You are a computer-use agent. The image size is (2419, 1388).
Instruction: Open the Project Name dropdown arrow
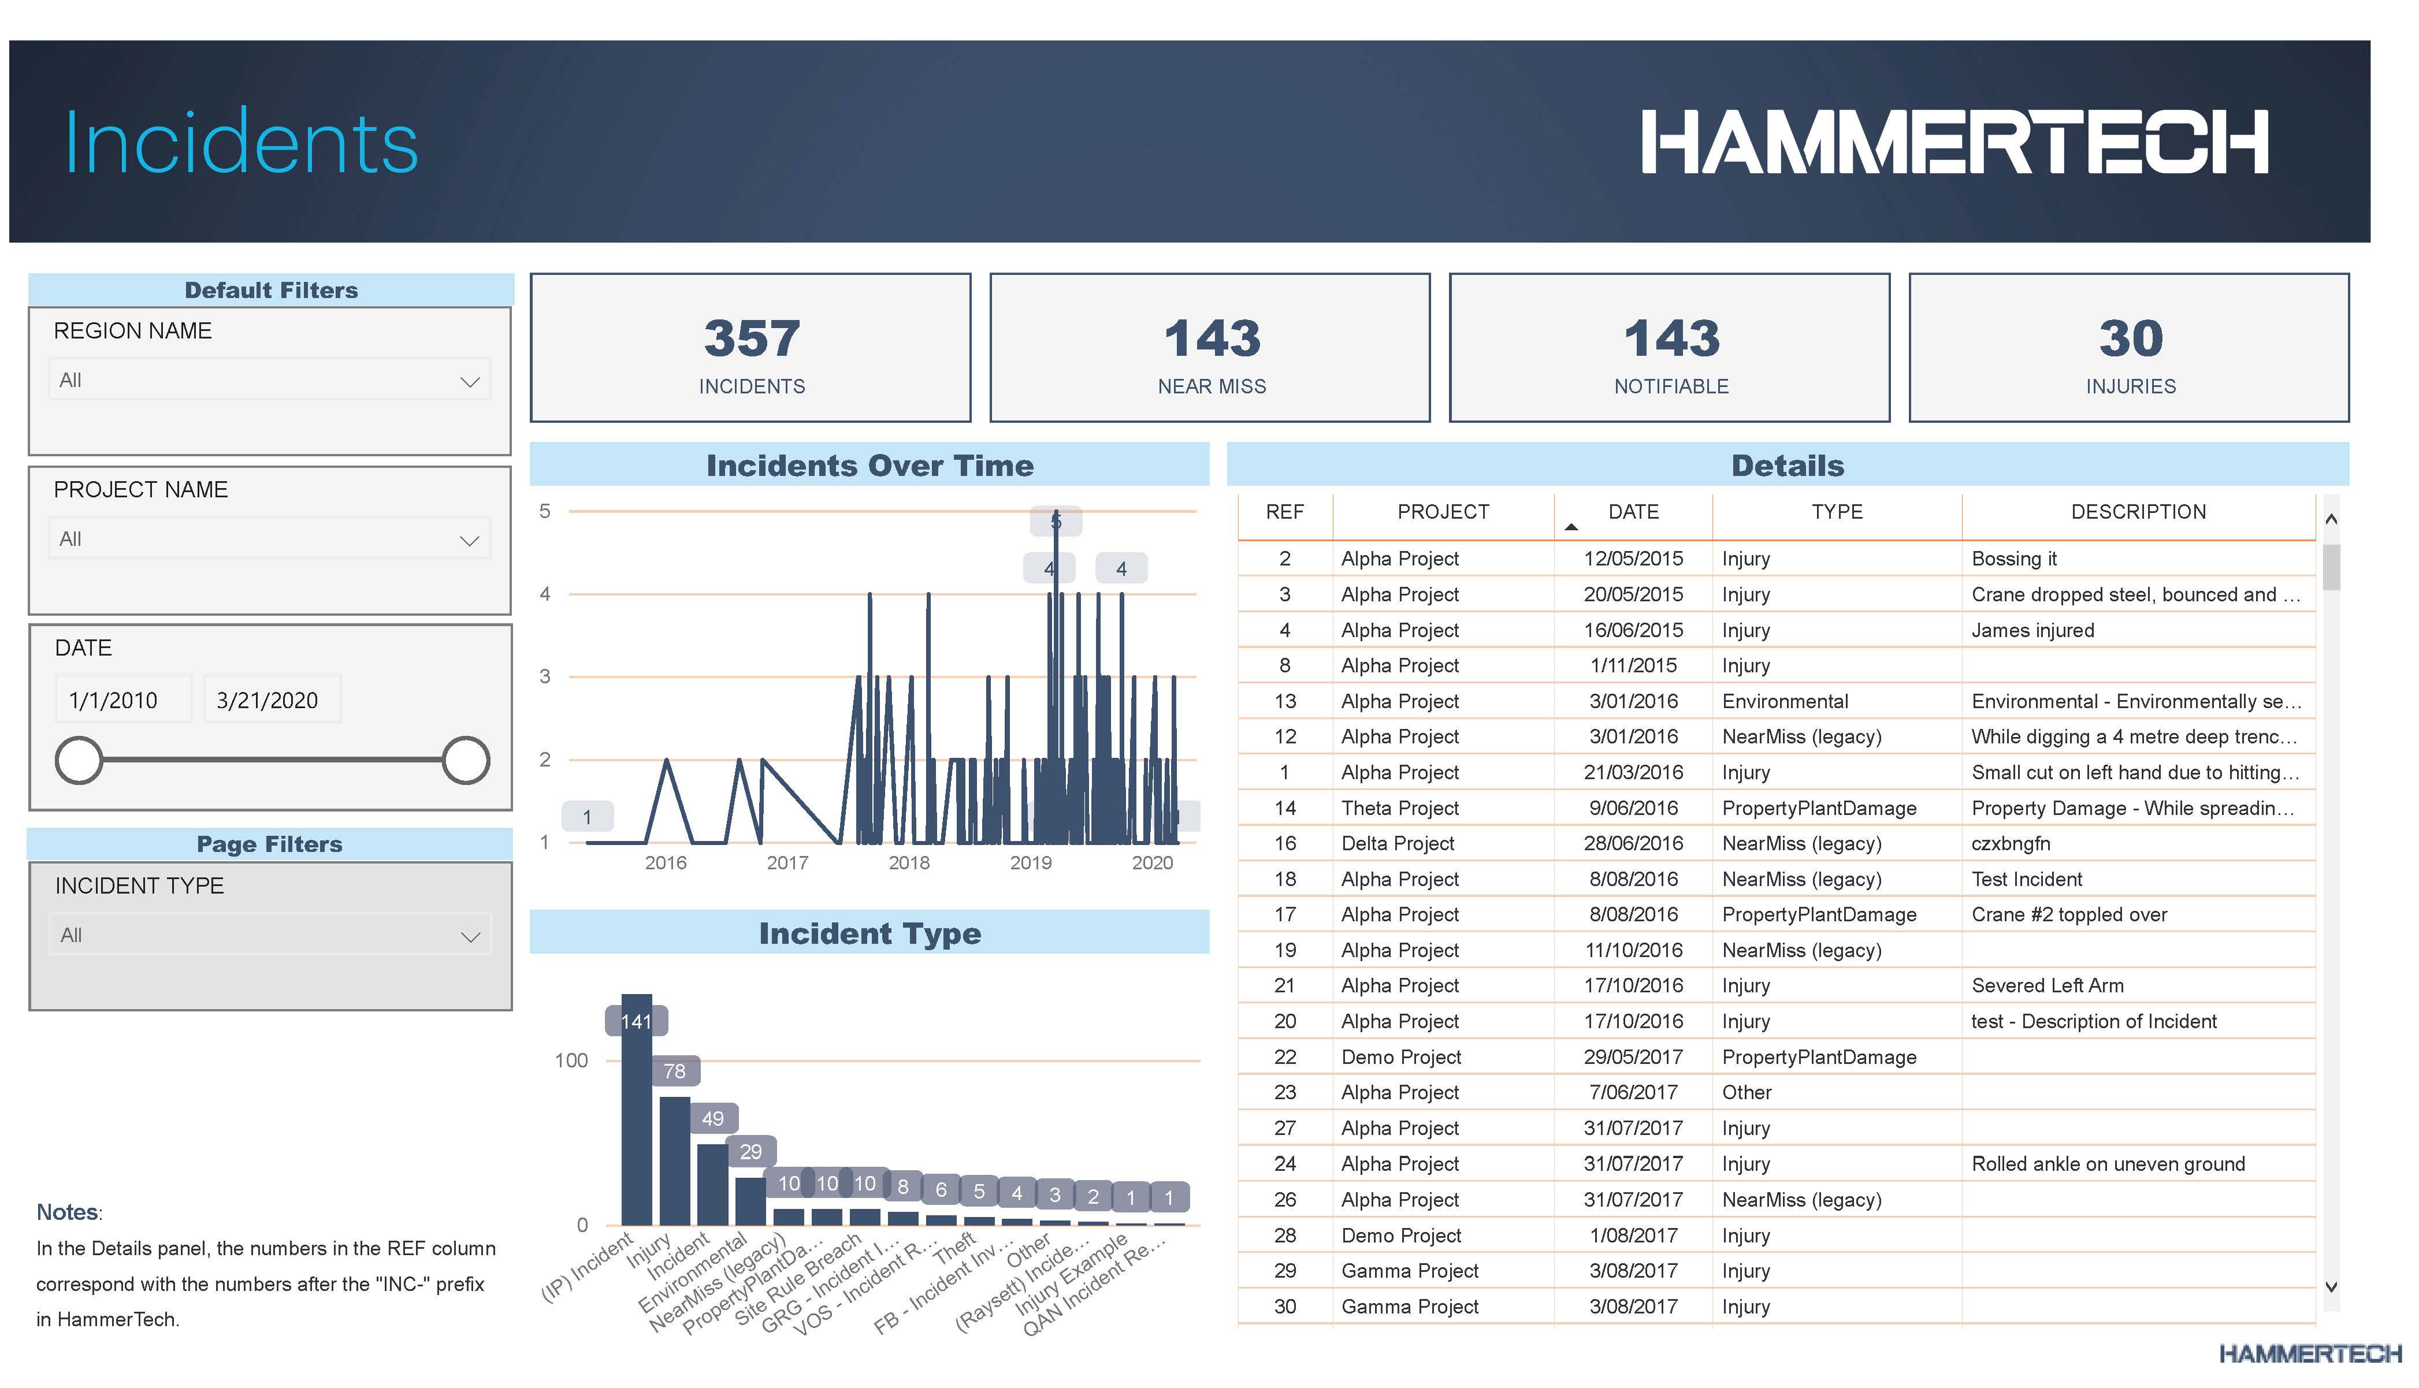pyautogui.click(x=469, y=541)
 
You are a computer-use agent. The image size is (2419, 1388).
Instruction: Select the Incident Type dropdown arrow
pyautogui.click(x=470, y=937)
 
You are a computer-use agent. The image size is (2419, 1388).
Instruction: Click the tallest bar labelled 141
pyautogui.click(x=636, y=1115)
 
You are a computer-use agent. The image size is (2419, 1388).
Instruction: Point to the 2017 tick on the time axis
pyautogui.click(x=787, y=863)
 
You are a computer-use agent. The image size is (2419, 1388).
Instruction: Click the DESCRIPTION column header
pyautogui.click(x=2138, y=512)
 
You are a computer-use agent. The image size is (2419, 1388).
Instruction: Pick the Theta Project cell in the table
pyautogui.click(x=1400, y=809)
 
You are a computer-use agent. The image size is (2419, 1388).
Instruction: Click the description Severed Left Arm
pyautogui.click(x=2047, y=986)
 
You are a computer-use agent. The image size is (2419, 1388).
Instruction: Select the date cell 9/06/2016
pyautogui.click(x=1633, y=809)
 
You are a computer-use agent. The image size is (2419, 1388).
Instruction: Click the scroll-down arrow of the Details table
pyautogui.click(x=2331, y=1287)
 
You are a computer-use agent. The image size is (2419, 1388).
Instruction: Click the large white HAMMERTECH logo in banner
pyautogui.click(x=1954, y=142)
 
